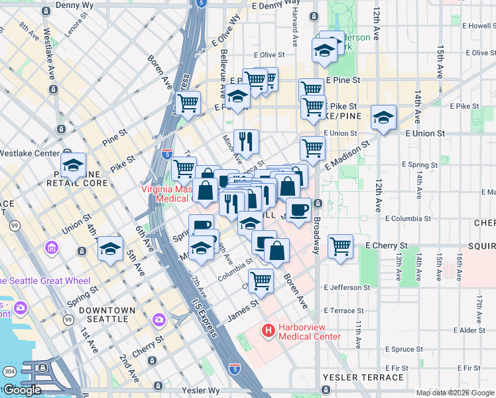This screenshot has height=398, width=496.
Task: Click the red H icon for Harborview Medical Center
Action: pyautogui.click(x=269, y=330)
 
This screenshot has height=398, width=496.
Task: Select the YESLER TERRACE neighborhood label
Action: pyautogui.click(x=363, y=377)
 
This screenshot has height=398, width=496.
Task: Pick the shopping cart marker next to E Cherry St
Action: pyautogui.click(x=340, y=245)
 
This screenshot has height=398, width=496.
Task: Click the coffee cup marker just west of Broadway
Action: pyautogui.click(x=298, y=209)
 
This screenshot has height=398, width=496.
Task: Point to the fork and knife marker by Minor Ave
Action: pyautogui.click(x=246, y=141)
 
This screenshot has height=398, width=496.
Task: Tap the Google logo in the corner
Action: pyautogui.click(x=21, y=389)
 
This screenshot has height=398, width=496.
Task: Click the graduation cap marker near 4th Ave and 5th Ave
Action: pyautogui.click(x=110, y=249)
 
